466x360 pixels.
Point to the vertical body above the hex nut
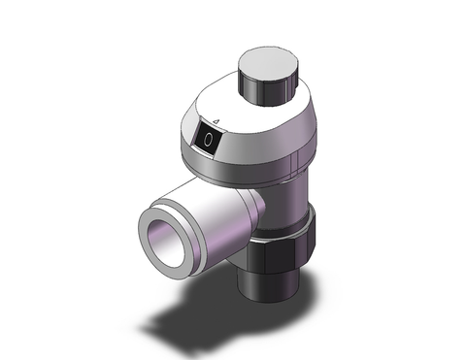[291, 194]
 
